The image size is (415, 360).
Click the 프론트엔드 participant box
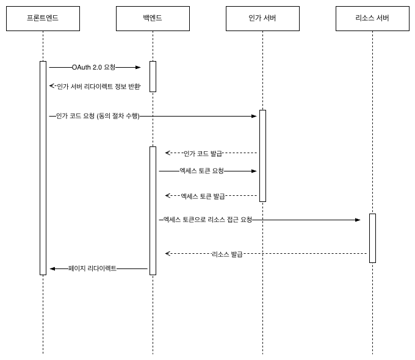[43, 18]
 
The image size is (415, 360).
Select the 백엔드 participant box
[153, 18]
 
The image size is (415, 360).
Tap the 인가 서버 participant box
[262, 18]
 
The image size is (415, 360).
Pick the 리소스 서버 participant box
[372, 18]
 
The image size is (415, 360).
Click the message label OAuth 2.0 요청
[93, 67]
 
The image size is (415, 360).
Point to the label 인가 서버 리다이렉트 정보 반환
[98, 87]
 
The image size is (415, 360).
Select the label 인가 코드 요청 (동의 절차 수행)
[98, 116]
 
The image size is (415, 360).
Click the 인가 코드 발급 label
[203, 154]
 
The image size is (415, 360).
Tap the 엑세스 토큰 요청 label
[201, 171]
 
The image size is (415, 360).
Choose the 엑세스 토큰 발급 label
[203, 196]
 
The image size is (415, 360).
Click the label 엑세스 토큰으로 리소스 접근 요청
[208, 220]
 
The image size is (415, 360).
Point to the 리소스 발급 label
[227, 254]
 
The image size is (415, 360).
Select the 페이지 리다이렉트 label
[92, 268]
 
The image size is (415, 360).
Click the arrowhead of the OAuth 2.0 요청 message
[139, 67]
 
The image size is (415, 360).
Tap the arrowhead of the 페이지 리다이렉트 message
[52, 268]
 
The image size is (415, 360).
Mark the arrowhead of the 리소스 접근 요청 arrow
[358, 220]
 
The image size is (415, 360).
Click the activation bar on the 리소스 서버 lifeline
[372, 238]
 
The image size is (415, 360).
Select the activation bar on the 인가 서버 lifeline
[262, 156]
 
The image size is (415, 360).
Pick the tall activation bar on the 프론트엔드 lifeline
[43, 168]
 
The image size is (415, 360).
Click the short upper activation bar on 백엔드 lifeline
[153, 76]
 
